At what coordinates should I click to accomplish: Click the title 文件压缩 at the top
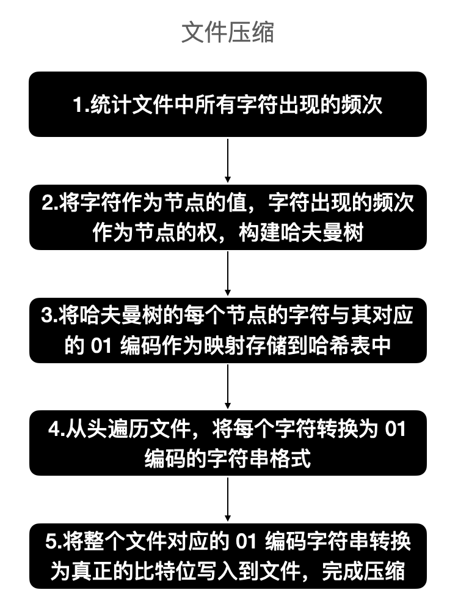(x=228, y=32)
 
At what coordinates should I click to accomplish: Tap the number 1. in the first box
(x=81, y=105)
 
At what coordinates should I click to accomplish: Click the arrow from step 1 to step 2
(x=228, y=160)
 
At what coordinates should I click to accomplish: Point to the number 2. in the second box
(x=51, y=204)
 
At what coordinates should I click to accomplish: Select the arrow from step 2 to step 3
(x=228, y=273)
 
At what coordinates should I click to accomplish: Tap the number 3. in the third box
(x=49, y=317)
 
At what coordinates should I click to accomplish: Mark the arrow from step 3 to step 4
(x=228, y=386)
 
